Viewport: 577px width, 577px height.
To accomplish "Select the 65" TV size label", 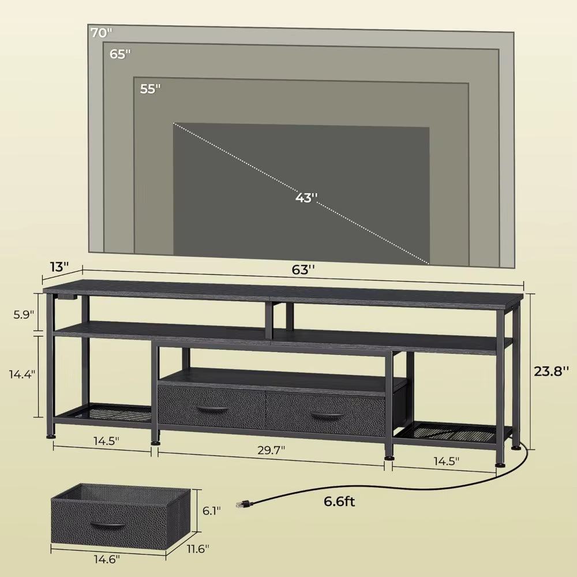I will pos(121,54).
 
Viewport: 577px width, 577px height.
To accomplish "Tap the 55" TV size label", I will pos(149,89).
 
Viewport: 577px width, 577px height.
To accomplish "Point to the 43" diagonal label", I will pos(306,197).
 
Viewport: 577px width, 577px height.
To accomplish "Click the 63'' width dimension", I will pos(304,269).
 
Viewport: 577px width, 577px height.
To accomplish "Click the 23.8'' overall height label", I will pos(551,372).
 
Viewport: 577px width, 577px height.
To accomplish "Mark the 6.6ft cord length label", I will pos(339,501).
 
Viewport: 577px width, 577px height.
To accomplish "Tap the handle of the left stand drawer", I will pos(212,409).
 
